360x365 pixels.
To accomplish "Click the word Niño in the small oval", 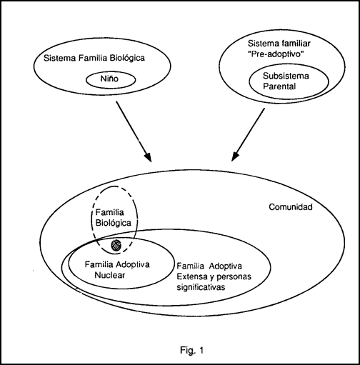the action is pos(109,79).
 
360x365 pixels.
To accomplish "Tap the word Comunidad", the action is pos(291,207).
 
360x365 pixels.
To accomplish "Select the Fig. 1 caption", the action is pos(191,350).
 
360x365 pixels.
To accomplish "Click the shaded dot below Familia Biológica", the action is pos(116,245).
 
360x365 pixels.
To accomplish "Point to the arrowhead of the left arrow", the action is pos(148,157).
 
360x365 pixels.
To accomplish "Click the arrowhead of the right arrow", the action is pos(235,156).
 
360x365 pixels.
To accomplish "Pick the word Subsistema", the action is pos(286,76).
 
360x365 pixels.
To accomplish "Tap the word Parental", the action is pos(279,86).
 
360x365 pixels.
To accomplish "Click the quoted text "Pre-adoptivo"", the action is pos(276,54).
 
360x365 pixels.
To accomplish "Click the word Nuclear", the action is pos(110,275).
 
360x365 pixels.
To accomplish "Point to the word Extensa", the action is pos(192,276).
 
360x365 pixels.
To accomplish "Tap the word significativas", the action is pos(201,287).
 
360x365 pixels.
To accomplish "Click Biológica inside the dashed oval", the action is pos(113,223).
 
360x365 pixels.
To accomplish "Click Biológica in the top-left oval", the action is pos(126,58).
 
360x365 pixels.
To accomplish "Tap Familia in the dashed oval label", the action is pos(109,212).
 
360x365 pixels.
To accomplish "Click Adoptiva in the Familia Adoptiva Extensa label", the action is pos(225,266).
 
